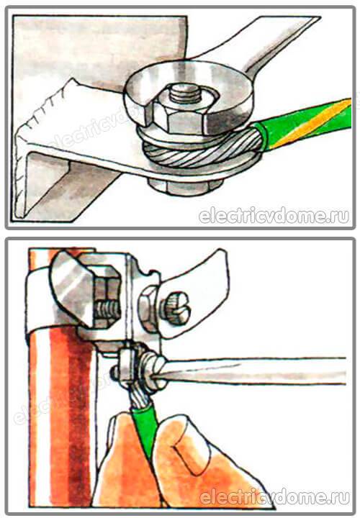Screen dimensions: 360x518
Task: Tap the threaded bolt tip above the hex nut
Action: [186, 92]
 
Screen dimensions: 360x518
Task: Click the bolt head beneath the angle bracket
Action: [185, 186]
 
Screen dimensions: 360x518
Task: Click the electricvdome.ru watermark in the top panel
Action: [274, 217]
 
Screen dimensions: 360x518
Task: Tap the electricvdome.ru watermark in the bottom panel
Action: [274, 497]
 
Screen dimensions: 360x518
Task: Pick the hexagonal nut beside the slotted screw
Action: [148, 309]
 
